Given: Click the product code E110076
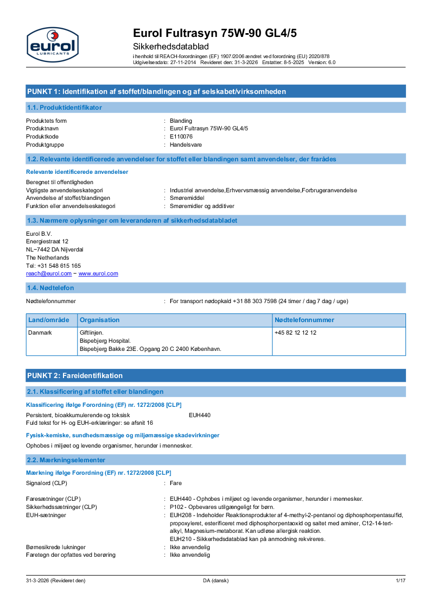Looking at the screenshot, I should [x=181, y=136].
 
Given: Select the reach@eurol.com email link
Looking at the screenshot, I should [x=49, y=274].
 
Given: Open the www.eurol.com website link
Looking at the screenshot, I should [x=98, y=274].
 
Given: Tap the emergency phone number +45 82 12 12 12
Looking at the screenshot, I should [x=295, y=332].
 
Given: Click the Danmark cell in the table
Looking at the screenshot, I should [x=40, y=332].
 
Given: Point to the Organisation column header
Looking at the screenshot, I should [x=99, y=320].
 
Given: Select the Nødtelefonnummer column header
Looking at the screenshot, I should [x=305, y=320].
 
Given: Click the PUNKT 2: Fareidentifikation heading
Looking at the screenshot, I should [x=75, y=375].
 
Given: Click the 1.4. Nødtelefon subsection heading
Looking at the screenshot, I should [x=50, y=287].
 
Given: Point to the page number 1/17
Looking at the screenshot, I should [x=401, y=581].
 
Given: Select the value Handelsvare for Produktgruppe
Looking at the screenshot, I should [x=185, y=144].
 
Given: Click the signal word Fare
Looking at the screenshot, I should [x=176, y=483].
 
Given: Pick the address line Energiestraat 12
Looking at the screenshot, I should [x=47, y=241].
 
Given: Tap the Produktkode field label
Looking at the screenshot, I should [x=42, y=136].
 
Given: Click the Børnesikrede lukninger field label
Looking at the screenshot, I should [x=56, y=547].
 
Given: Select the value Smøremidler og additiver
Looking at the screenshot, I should [x=202, y=206].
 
